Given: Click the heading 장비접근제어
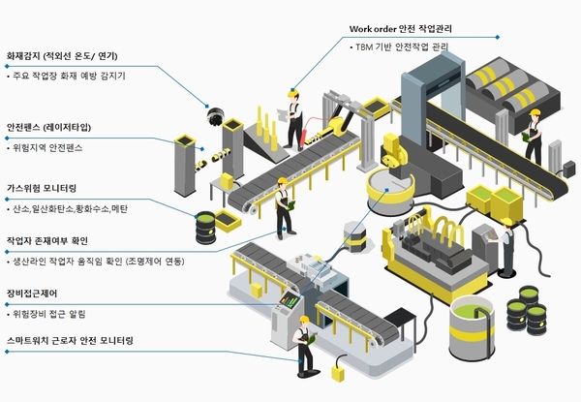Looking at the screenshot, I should click(35, 293).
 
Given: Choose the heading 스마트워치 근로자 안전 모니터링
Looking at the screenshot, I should click(70, 341).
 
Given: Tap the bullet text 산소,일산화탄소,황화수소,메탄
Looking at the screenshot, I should click(72, 208).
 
